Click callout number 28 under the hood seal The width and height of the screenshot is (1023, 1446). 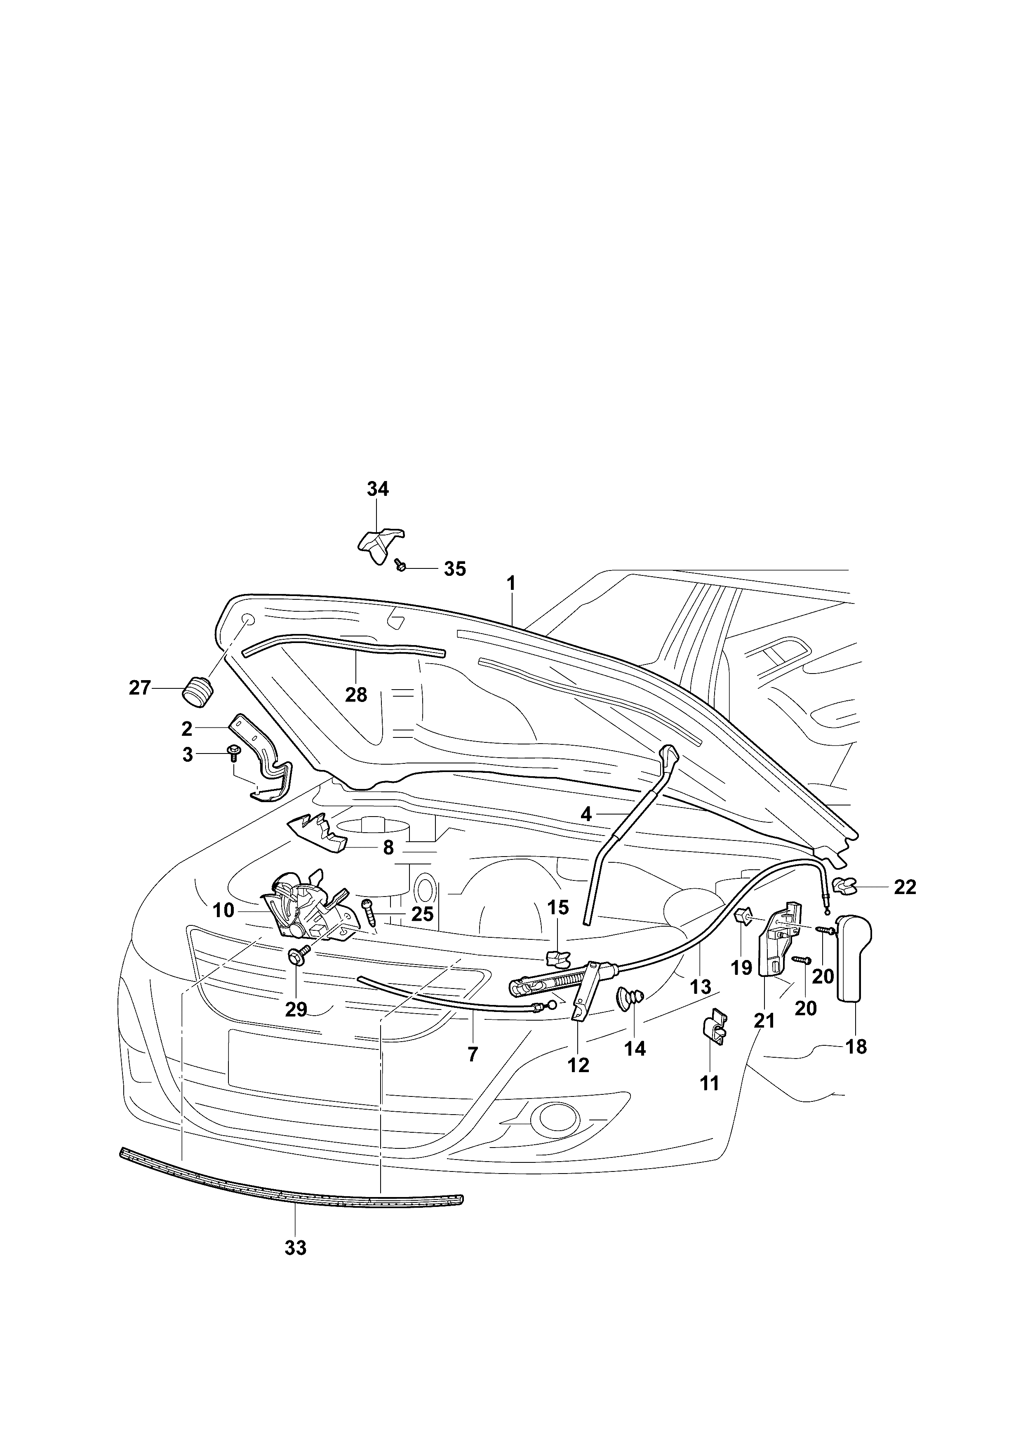point(356,695)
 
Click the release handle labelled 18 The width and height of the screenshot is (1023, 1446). point(855,959)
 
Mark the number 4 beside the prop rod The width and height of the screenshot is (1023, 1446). point(586,815)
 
